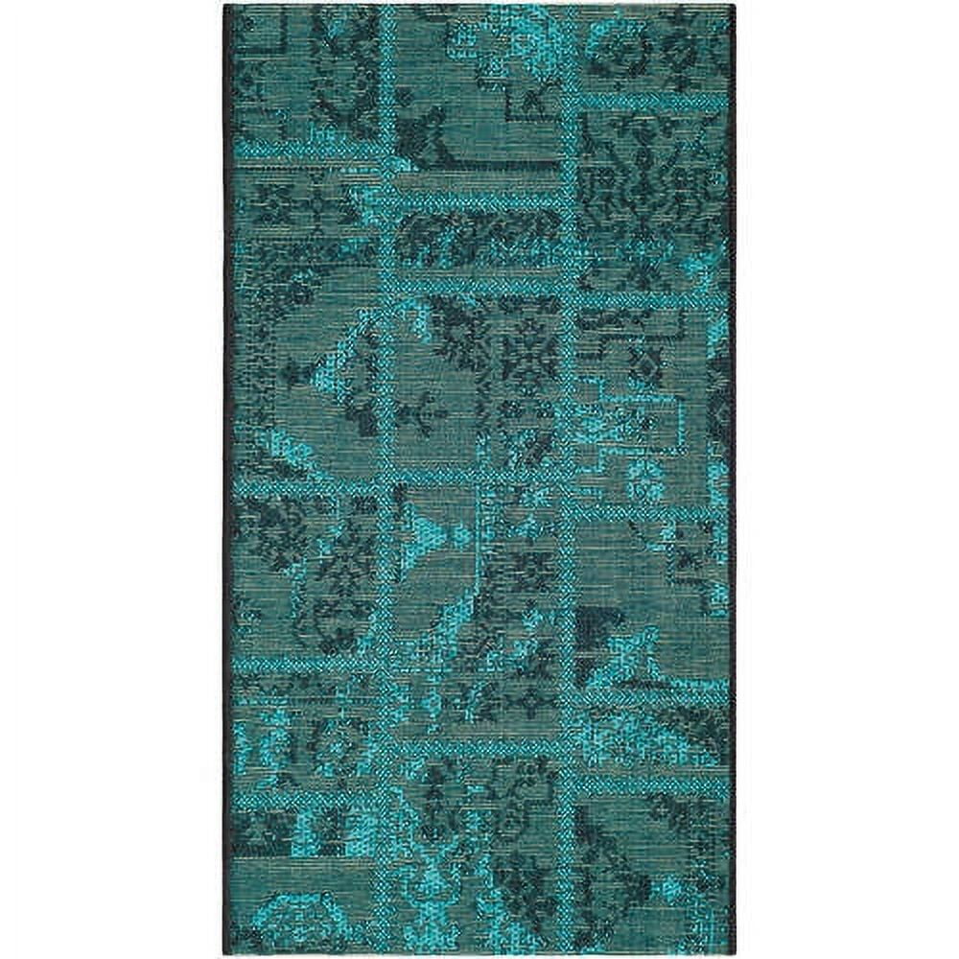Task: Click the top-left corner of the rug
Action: click(224, 6)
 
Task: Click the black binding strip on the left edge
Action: click(227, 479)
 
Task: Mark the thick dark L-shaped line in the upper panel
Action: click(479, 153)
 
